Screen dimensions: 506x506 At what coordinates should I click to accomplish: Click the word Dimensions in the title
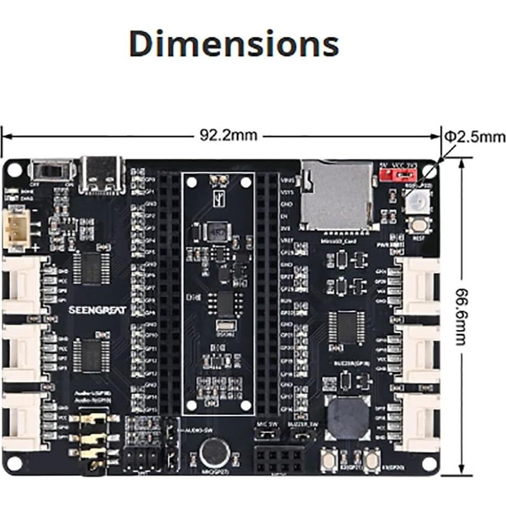pyautogui.click(x=233, y=44)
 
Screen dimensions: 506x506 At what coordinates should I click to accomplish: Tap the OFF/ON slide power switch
pyautogui.click(x=52, y=171)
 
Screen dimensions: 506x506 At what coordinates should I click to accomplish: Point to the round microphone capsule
pyautogui.click(x=215, y=453)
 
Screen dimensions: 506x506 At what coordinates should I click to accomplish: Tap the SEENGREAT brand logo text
pyautogui.click(x=97, y=310)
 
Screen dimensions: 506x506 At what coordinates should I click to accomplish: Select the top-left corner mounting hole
pyautogui.click(x=14, y=170)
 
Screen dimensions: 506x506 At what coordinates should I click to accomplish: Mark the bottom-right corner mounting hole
pyautogui.click(x=428, y=463)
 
